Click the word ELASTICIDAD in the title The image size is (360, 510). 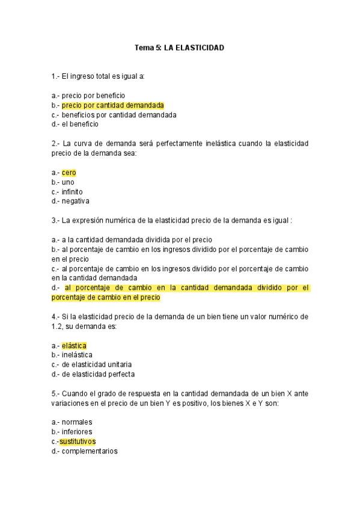point(201,47)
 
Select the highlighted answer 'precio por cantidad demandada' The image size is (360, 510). point(112,105)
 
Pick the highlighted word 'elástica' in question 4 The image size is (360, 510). point(74,345)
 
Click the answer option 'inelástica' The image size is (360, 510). point(77,355)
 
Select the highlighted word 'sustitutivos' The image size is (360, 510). point(78,441)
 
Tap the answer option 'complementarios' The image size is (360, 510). point(90,451)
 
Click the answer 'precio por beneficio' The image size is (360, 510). point(93,96)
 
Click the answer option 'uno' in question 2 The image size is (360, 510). point(68,182)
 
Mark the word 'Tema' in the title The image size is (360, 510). point(144,47)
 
